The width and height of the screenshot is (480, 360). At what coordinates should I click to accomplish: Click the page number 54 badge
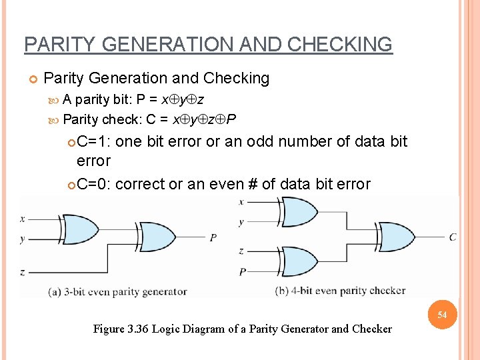point(442,314)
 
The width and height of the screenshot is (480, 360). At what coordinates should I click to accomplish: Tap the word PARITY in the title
point(55,45)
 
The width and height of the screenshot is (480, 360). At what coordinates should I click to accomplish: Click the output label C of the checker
point(453,237)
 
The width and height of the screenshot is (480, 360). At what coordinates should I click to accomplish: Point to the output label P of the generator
point(213,238)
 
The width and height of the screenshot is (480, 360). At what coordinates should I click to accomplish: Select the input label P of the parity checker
point(242,271)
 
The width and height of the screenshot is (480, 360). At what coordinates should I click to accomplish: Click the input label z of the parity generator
point(23,272)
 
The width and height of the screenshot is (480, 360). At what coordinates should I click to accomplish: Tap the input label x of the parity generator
point(23,218)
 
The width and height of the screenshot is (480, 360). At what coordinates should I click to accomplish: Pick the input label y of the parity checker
point(241,222)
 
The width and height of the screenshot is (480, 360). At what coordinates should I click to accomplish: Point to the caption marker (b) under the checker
point(282,291)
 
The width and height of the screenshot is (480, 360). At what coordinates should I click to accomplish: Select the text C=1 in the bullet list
point(94,141)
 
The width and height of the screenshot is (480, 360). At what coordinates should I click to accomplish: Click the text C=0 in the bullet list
point(94,184)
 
